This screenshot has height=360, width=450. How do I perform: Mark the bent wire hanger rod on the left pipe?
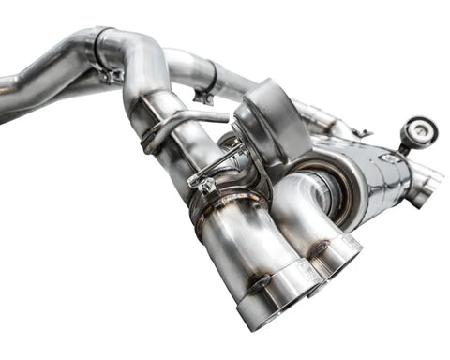178,120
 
